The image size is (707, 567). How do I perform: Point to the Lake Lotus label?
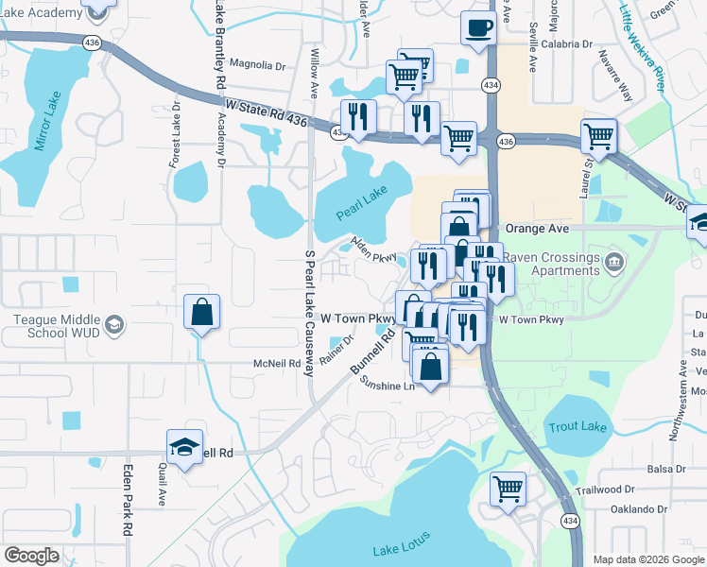(x=401, y=544)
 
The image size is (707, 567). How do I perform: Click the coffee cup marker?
(x=477, y=27)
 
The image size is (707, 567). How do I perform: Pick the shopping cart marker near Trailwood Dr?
(x=508, y=490)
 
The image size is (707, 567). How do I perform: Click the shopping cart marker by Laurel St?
(x=598, y=136)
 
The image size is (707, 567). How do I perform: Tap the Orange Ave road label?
(x=537, y=229)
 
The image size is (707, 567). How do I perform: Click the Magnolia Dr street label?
(x=257, y=65)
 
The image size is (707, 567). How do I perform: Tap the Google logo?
(x=31, y=556)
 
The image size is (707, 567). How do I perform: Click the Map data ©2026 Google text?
(x=647, y=559)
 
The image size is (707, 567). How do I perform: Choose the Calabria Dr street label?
(x=567, y=43)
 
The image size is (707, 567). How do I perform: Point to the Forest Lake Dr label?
(x=175, y=131)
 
